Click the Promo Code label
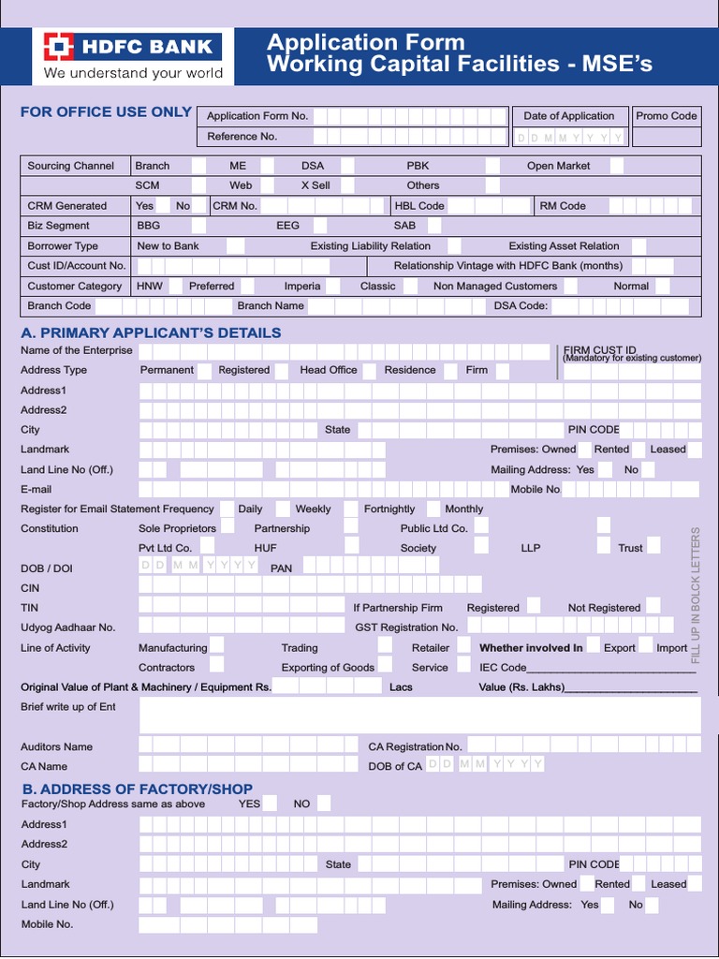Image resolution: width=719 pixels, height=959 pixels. point(666,116)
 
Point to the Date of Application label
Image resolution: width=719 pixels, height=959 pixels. point(568,116)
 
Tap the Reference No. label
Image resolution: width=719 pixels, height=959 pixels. point(242,137)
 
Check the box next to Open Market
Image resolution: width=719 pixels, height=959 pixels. point(617,166)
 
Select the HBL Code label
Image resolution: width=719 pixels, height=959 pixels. point(418,206)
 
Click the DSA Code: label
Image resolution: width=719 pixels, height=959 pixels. point(521,306)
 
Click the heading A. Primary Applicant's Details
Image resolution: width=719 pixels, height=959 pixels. point(151,332)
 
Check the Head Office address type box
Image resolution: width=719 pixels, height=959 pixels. point(369,371)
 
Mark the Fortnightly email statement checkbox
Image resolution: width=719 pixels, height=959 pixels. point(432,509)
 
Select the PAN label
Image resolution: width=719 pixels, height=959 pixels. point(281,568)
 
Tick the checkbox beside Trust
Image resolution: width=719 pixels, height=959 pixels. point(653,547)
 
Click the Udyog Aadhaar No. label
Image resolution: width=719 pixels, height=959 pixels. point(67,627)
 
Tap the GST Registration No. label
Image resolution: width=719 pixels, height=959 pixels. point(406,627)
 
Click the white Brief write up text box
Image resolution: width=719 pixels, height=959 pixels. point(419,716)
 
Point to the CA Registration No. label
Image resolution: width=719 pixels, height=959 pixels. point(415,747)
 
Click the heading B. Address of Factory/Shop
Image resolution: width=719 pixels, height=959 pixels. point(137,789)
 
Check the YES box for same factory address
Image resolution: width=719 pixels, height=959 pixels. point(271,804)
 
